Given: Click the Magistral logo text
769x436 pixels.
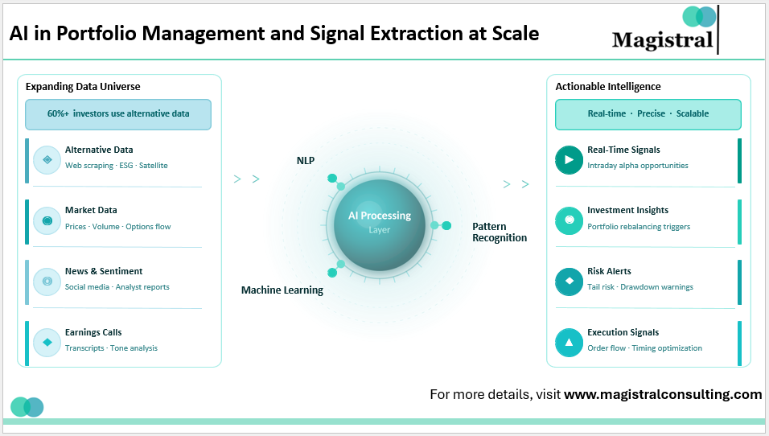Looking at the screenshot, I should tap(662, 39).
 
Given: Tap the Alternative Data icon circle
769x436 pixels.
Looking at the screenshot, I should tap(47, 159).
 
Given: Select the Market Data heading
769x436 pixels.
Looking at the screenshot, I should tap(91, 210).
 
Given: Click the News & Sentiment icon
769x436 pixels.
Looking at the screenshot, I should tap(47, 281).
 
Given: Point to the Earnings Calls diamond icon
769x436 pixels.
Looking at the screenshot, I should tap(47, 342).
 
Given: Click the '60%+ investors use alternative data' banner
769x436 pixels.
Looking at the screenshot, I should tap(118, 114).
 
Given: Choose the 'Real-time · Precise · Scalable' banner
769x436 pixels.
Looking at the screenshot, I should tap(648, 114).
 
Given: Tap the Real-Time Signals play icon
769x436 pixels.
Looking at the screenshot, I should tap(570, 159).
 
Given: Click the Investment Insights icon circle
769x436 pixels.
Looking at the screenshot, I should tap(570, 220).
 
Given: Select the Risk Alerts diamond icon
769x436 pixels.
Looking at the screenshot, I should tap(570, 281).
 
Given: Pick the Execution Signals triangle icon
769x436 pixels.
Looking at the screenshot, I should tap(570, 342).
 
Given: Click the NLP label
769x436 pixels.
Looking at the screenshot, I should tap(305, 160).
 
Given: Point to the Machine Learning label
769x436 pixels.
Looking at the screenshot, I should tap(282, 290).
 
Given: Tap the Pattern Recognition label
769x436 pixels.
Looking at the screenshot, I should tap(500, 232).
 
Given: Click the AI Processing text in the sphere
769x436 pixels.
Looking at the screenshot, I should tap(379, 216).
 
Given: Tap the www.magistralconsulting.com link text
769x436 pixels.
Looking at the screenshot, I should tap(663, 394).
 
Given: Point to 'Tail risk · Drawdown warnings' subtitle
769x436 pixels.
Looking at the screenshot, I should tap(640, 287).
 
